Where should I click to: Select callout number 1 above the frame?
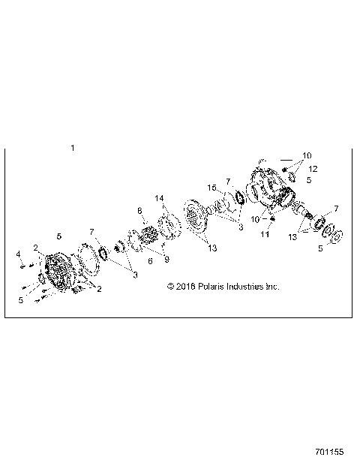pos(72,148)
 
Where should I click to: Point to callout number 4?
pos(18,254)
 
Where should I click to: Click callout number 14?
pos(160,198)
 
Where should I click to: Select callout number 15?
pos(212,188)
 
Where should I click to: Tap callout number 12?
pos(313,169)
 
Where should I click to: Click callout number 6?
pos(151,261)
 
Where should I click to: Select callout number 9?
pos(166,260)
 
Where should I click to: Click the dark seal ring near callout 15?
pos(241,198)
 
